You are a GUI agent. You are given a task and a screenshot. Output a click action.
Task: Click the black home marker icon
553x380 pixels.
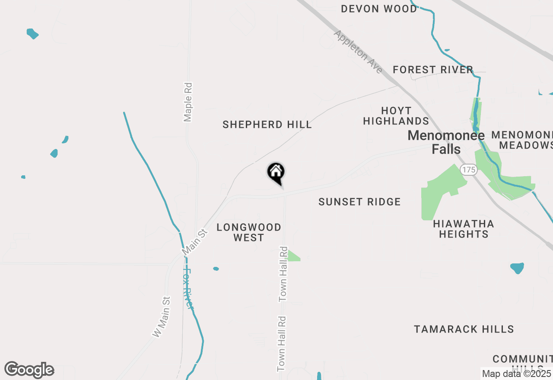tap(276, 173)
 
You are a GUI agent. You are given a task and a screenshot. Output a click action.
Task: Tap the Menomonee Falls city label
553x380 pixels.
tap(440, 142)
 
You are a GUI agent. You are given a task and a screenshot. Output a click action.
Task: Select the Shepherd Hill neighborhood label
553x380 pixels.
tap(267, 125)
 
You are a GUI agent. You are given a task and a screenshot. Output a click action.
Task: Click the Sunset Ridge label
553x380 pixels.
tap(359, 202)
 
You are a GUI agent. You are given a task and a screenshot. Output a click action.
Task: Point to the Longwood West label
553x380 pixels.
tap(249, 232)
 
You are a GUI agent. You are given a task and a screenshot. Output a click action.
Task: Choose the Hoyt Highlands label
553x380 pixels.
tap(396, 116)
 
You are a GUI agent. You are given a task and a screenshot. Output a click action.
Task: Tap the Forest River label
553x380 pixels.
tap(433, 70)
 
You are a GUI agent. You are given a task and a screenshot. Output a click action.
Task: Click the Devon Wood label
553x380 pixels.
tap(379, 9)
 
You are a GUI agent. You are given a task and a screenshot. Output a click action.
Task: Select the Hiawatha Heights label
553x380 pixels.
tap(464, 229)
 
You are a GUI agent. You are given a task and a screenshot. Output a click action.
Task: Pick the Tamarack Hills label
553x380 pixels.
tap(464, 329)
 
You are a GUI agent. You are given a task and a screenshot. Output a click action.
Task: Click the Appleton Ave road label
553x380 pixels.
tap(358, 52)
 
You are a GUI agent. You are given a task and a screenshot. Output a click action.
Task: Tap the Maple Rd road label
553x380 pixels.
tap(188, 102)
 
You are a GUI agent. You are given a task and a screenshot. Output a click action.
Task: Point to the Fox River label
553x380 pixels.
tap(188, 288)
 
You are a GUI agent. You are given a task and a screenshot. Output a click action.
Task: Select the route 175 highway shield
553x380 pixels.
tap(468, 170)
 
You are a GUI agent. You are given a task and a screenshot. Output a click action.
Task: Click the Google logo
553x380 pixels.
tap(29, 370)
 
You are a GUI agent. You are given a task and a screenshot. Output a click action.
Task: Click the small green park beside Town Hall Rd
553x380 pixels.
tap(293, 256)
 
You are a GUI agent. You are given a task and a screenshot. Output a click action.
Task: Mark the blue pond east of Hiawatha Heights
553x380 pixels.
tap(517, 268)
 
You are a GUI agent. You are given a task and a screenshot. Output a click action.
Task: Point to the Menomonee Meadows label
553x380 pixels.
tap(525, 140)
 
